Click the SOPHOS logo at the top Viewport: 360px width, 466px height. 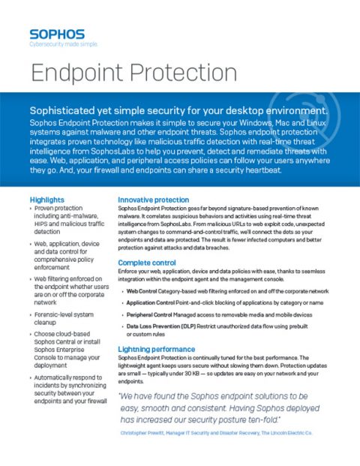(x=56, y=34)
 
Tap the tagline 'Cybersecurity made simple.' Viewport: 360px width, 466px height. (x=63, y=45)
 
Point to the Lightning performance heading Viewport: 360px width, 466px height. (x=157, y=350)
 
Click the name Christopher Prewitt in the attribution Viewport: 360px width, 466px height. (x=144, y=433)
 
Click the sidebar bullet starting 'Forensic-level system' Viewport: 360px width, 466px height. (x=64, y=320)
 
